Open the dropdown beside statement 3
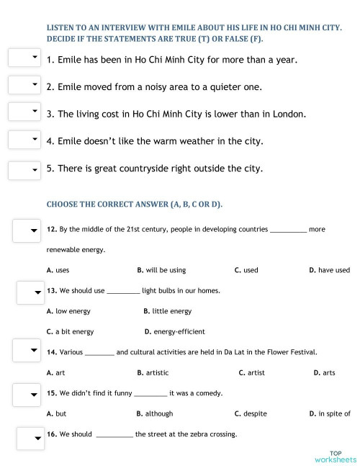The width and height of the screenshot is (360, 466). tap(24, 112)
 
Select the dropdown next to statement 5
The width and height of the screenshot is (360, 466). tap(24, 170)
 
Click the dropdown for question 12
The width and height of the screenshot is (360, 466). tap(27, 230)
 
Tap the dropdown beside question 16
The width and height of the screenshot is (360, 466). tap(29, 437)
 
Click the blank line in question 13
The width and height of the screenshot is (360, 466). tap(123, 292)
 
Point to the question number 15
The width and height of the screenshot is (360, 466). tap(52, 393)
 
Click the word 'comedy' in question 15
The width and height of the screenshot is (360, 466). tap(207, 393)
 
